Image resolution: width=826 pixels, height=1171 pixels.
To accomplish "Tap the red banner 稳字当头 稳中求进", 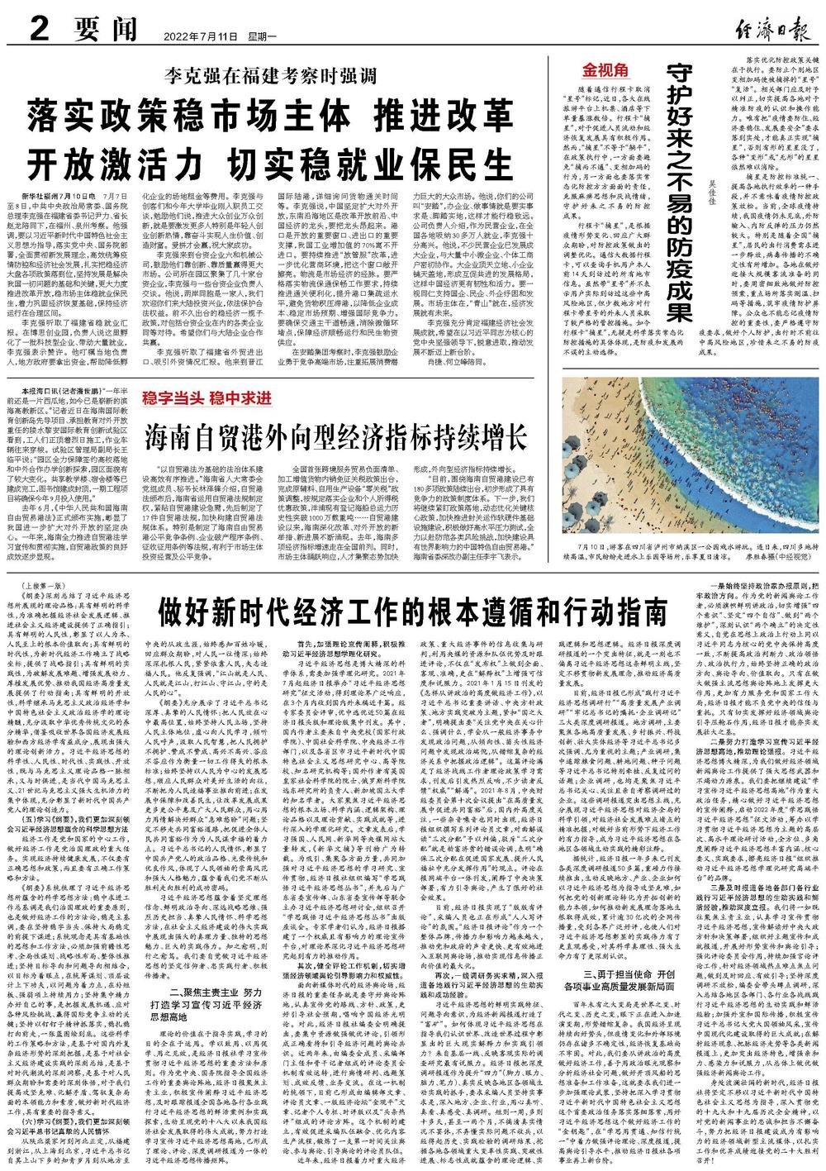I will pos(208,397).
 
